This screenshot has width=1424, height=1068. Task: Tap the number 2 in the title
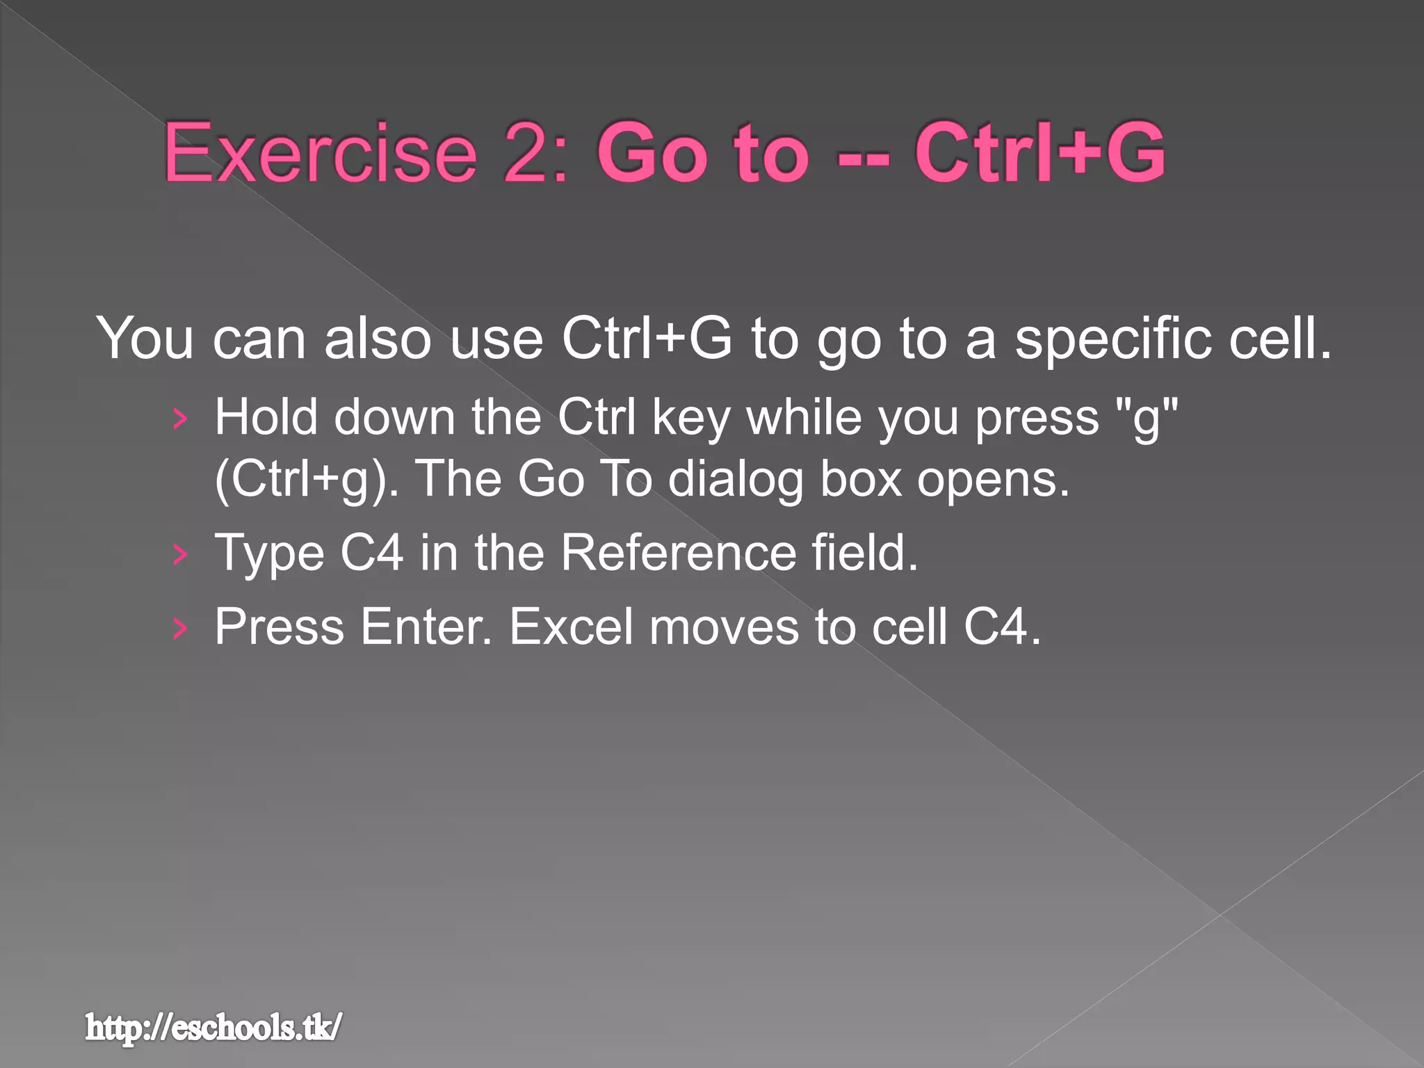point(527,152)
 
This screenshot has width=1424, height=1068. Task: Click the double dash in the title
point(863,156)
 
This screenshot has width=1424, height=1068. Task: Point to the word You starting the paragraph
point(145,339)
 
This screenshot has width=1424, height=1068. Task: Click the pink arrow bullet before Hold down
point(180,419)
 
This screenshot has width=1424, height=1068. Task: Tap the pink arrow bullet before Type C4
point(180,554)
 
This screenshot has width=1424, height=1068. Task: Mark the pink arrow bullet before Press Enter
point(180,628)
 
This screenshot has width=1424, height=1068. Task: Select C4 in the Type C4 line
point(372,553)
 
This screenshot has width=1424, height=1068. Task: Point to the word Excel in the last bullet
point(571,626)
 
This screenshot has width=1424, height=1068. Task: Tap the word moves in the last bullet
point(724,626)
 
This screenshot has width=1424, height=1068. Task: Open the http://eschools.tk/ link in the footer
point(213,1028)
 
